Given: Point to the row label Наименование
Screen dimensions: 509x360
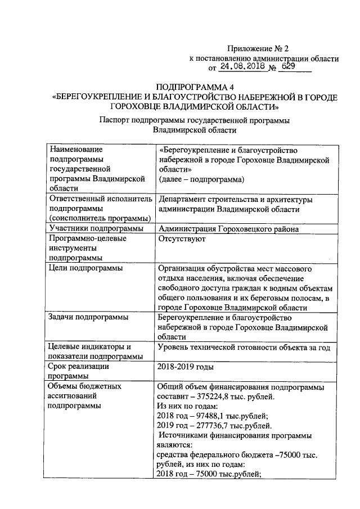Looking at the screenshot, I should [76, 149].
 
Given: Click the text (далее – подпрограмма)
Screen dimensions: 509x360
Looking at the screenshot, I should [201, 180].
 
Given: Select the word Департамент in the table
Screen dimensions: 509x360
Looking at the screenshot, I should [185, 199].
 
